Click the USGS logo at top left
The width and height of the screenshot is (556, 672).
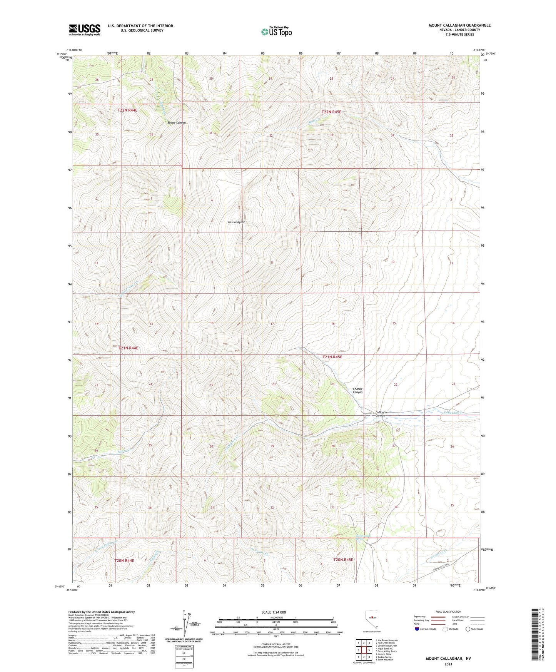pos(84,29)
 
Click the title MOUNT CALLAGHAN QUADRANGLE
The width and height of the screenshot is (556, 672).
pos(459,25)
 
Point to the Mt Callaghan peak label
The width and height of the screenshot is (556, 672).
pos(237,222)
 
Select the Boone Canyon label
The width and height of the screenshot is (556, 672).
pos(177,123)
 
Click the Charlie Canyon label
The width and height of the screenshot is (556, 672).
pos(358,390)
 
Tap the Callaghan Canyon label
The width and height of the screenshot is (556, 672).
pos(382,414)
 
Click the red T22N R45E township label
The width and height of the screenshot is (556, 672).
pos(331,112)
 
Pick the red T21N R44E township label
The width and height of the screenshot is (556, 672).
pos(128,348)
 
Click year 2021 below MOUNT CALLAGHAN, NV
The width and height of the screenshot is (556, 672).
pos(448,664)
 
